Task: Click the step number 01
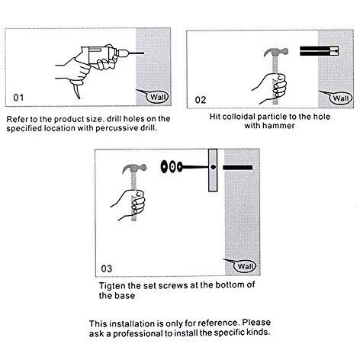click(18, 98)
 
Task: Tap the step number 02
click(201, 100)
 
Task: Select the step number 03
click(107, 268)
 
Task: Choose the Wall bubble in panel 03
click(245, 266)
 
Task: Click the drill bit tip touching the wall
click(143, 53)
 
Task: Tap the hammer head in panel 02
click(276, 53)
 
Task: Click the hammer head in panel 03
click(134, 169)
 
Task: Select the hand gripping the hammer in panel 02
click(273, 88)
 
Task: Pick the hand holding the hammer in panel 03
click(132, 204)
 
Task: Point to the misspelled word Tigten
click(112, 286)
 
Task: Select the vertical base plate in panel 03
click(213, 170)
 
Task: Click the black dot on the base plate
click(213, 167)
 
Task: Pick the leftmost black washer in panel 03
click(164, 167)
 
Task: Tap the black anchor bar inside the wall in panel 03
click(238, 167)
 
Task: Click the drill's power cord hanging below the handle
click(76, 91)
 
